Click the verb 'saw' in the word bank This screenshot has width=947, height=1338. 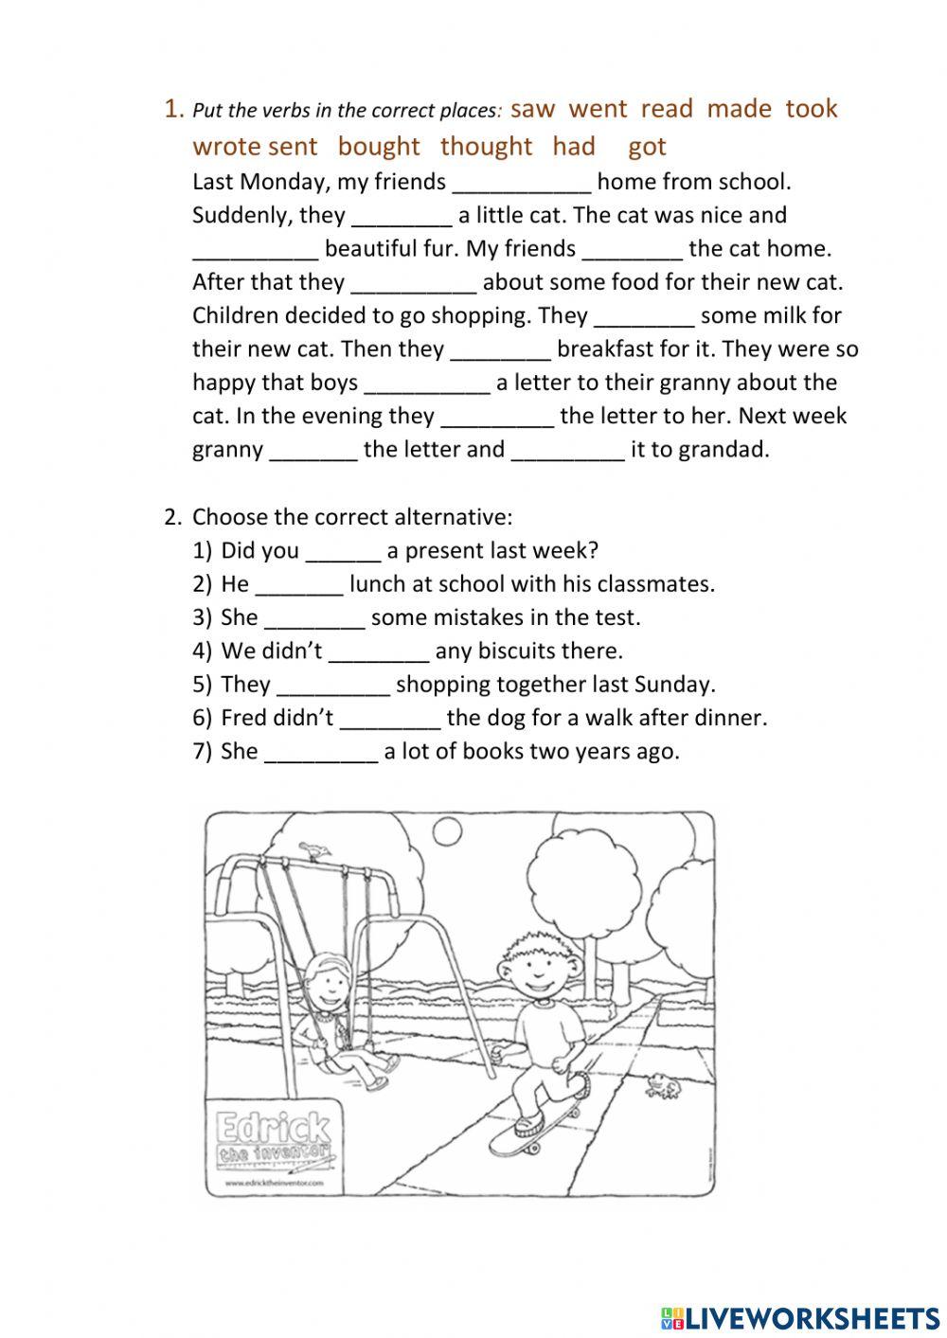[x=532, y=109]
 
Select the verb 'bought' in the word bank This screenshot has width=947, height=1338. [x=378, y=147]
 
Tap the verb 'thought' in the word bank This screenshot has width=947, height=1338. [x=486, y=147]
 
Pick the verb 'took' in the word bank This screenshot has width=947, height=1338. [x=812, y=109]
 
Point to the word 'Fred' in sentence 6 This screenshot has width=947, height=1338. [x=242, y=718]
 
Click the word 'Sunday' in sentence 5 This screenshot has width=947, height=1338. [x=671, y=685]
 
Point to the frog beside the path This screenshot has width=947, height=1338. [x=662, y=1085]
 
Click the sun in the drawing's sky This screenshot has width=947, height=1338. [x=446, y=830]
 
